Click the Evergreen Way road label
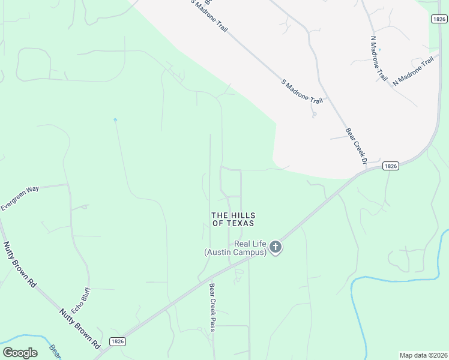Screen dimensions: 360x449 (x=20, y=197)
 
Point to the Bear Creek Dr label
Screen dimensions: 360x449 (x=355, y=145)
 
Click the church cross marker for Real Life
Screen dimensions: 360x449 (x=275, y=247)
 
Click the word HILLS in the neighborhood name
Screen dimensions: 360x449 (x=243, y=215)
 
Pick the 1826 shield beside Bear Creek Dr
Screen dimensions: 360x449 (x=390, y=166)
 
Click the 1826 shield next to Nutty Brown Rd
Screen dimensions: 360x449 (x=118, y=341)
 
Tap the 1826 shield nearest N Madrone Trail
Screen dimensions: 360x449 (x=439, y=19)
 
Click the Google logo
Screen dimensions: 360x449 (x=20, y=353)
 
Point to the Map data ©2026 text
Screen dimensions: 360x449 (x=423, y=355)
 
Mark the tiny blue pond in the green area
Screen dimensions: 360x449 (x=115, y=120)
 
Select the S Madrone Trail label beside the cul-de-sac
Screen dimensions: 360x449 (x=298, y=91)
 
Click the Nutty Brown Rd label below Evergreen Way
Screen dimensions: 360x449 (x=19, y=264)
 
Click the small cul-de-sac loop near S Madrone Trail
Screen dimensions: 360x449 (x=314, y=115)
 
